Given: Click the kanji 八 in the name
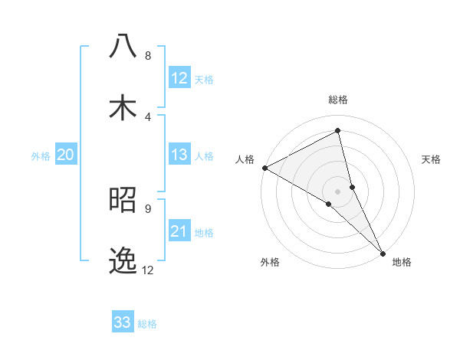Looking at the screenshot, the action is coord(123,45).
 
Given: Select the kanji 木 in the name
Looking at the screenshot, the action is coord(123,107).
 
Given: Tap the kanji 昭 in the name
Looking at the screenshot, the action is coord(123,198).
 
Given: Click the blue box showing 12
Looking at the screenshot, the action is coord(179,78).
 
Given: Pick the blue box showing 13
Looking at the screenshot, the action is coord(179,155).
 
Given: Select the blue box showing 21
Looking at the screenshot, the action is coord(179,231).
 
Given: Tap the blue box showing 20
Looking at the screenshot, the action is coord(65,155).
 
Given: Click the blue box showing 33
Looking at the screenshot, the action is coord(123,322).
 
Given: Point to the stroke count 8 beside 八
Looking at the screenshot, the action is coord(147,55).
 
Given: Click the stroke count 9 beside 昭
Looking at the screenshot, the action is coord(147,208).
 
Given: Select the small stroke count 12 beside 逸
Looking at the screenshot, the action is coord(147,270).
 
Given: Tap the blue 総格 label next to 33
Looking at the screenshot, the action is coord(147,324).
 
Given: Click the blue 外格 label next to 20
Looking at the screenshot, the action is coord(41,156).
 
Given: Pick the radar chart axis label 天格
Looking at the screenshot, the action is coord(431,159).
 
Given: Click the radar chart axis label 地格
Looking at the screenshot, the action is coord(401,262).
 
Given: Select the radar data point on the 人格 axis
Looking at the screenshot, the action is coord(264,168).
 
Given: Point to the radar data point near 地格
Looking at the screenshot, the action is coord(383,253).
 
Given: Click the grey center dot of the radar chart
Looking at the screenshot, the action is coord(337,191).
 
